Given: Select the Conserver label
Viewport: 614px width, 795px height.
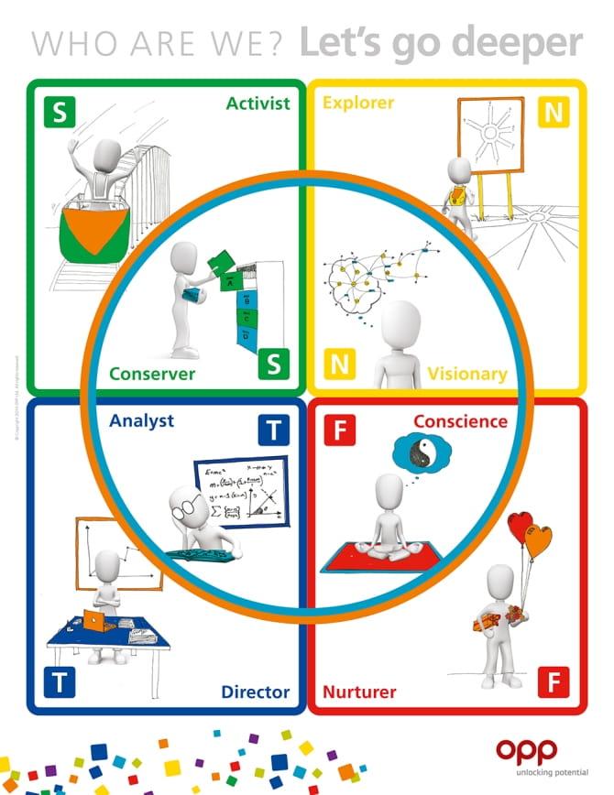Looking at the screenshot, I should (x=152, y=374).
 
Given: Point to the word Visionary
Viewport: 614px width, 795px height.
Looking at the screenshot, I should (x=466, y=374).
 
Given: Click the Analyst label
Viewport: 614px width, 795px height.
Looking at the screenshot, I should (x=141, y=422).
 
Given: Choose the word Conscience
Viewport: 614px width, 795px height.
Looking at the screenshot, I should (x=460, y=421).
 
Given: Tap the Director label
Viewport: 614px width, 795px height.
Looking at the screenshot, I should (x=255, y=692).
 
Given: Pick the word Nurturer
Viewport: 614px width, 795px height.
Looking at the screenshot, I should (x=360, y=692).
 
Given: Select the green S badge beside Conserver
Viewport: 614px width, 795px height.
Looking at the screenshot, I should (x=273, y=365).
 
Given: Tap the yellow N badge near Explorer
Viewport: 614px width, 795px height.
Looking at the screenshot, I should (x=554, y=113).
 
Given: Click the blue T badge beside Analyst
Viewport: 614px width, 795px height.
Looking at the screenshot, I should (x=273, y=430).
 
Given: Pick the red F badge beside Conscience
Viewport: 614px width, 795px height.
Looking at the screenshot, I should (x=339, y=430).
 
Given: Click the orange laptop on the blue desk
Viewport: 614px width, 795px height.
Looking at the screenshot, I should (x=93, y=621).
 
